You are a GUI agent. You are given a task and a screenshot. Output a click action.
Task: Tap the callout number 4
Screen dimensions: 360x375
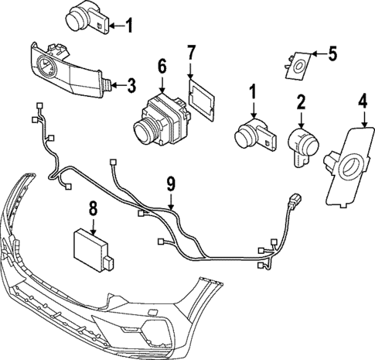point(363,101)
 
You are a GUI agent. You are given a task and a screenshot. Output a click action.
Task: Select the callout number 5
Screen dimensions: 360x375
point(332,53)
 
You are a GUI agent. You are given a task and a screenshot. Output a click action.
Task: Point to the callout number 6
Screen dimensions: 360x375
point(161,66)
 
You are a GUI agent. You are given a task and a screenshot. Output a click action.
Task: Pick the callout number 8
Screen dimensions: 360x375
point(92,207)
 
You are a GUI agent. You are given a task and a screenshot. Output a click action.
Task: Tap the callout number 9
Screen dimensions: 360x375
point(170,187)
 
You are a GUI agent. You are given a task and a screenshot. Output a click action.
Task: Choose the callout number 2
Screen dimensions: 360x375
point(302,101)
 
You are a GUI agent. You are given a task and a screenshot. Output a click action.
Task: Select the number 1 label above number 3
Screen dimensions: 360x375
point(129,26)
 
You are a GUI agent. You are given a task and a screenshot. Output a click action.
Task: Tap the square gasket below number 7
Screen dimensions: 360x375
point(200,100)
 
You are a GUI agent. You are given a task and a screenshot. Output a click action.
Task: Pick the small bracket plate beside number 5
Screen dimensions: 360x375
point(298,65)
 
